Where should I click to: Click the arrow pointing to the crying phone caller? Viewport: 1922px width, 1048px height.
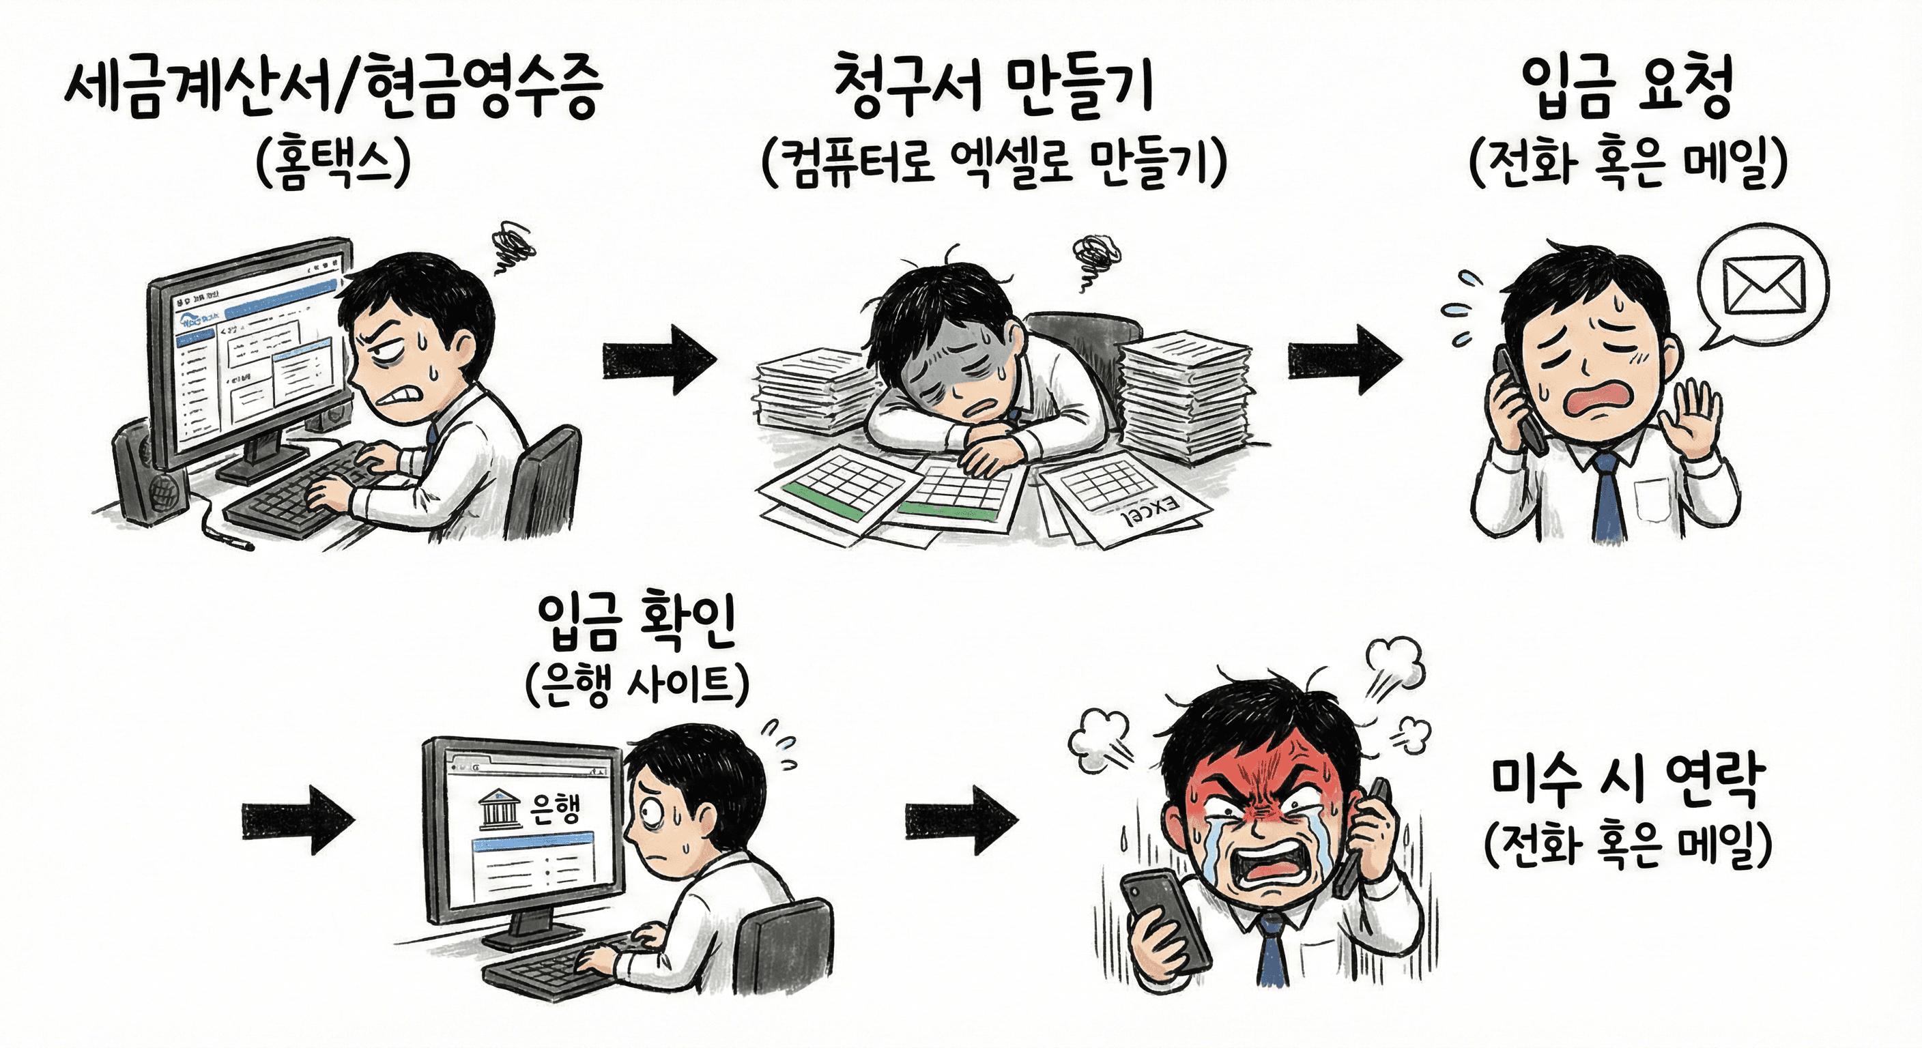[x=1344, y=359]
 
